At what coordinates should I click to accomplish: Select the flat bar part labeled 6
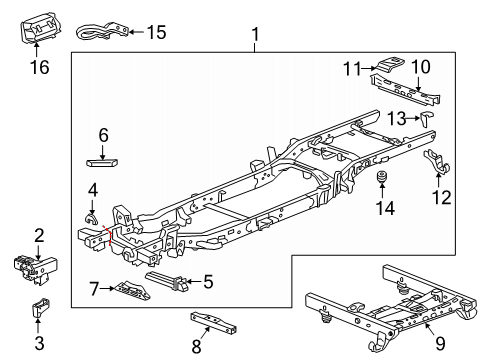click(104, 159)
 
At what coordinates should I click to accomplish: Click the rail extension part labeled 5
click(167, 282)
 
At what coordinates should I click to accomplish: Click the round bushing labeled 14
click(380, 181)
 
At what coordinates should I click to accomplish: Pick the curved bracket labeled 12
click(439, 161)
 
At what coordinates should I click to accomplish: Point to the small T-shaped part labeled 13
click(429, 117)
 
